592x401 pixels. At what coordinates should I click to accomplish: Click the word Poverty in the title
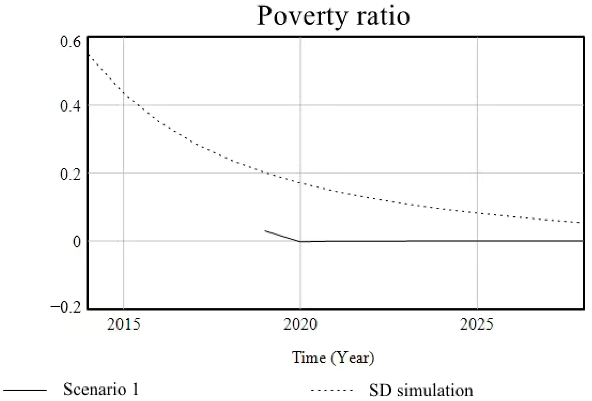coord(302,16)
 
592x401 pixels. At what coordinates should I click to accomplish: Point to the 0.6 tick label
coord(70,42)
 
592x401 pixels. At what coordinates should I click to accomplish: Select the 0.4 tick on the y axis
coord(70,106)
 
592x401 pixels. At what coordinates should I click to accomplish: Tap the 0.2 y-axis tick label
coord(70,174)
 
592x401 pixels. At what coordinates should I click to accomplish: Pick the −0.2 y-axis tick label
coord(66,308)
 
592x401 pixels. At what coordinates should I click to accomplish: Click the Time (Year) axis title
coord(333,358)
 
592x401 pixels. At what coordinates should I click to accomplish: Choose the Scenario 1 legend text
coord(101,389)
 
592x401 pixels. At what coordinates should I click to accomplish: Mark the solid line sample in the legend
coord(25,390)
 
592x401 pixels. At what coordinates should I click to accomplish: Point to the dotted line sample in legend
coord(332,390)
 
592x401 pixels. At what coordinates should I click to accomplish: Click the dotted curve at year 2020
coord(300,183)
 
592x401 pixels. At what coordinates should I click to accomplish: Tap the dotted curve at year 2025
coord(477,213)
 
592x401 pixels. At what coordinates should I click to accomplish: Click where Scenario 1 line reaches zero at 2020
coord(300,241)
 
